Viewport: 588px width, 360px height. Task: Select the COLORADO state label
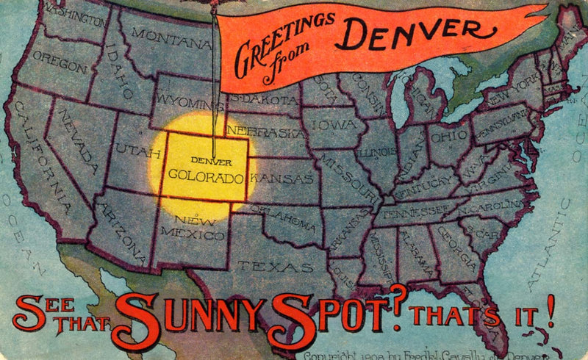[206, 176]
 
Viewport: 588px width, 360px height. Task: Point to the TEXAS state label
[264, 265]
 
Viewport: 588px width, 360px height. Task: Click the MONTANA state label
[162, 35]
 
